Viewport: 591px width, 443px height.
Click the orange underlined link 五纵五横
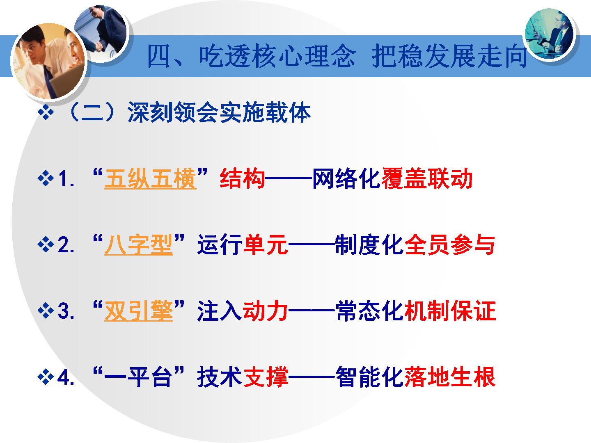point(150,178)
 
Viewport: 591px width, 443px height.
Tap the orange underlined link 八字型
point(138,244)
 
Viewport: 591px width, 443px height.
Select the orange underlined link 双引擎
point(138,311)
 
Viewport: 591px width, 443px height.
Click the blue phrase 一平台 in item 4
point(138,377)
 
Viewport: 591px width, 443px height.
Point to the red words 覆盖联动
point(427,178)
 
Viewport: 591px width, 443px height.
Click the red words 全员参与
point(450,244)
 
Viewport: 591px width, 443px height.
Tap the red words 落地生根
point(450,377)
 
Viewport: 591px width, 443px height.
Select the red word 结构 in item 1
point(242,178)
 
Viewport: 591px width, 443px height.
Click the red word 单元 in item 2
point(266,244)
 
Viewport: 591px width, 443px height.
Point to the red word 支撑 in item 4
point(266,377)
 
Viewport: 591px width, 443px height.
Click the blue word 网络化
point(346,178)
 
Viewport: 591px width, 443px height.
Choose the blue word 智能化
point(369,377)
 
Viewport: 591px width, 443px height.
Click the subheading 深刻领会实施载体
point(219,112)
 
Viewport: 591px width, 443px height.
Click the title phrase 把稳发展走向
point(449,56)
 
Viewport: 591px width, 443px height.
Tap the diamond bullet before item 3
point(46,311)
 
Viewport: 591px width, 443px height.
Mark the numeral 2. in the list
point(66,245)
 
